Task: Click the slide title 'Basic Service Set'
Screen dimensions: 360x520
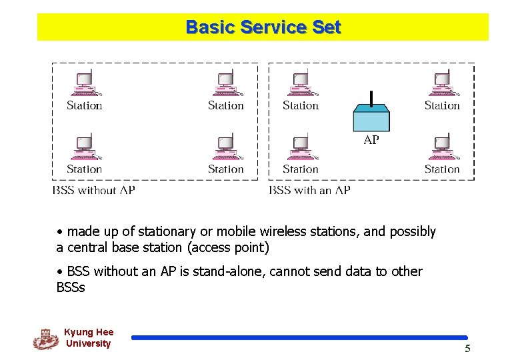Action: point(263,27)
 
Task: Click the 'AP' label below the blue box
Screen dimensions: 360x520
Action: point(371,140)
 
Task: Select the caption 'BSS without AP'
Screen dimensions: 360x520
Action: point(93,190)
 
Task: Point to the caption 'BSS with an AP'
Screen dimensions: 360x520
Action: point(309,190)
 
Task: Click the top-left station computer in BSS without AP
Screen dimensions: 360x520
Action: point(84,84)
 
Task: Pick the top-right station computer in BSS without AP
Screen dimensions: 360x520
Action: point(225,84)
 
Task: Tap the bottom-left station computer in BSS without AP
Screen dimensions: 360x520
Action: point(84,147)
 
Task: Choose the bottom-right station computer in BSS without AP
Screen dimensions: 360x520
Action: point(225,147)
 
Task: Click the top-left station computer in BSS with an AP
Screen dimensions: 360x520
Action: point(300,84)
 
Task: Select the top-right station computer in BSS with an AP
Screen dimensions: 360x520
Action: point(442,84)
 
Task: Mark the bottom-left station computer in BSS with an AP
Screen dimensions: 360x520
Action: point(300,147)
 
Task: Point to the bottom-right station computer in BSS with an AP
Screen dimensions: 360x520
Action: point(442,147)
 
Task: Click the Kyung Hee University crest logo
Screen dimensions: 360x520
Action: point(45,339)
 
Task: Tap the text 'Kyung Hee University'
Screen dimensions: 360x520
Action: point(89,338)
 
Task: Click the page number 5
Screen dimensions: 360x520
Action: point(467,349)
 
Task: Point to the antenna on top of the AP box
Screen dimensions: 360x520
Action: point(371,98)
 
